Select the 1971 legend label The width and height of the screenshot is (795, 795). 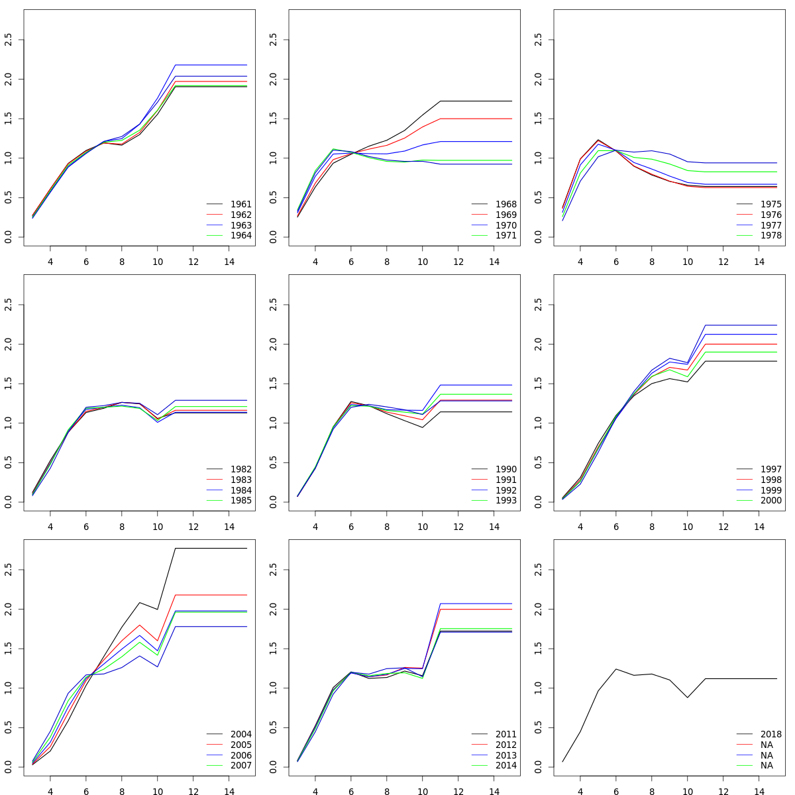[506, 236]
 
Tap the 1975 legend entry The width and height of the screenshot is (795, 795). [771, 204]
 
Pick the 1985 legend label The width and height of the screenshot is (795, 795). [241, 501]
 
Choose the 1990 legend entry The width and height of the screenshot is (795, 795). [506, 469]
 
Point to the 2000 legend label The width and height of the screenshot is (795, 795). [771, 501]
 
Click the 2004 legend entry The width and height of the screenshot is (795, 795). [241, 734]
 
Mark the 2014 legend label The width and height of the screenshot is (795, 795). [506, 766]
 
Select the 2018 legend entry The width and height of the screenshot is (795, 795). [771, 734]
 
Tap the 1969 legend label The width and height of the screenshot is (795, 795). [506, 215]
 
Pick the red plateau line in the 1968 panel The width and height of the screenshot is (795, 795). [477, 119]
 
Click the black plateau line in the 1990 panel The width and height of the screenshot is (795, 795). [477, 412]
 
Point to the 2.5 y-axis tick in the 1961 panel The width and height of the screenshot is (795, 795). [8, 40]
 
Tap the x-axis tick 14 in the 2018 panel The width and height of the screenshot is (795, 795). [759, 790]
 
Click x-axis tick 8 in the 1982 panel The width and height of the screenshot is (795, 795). [122, 527]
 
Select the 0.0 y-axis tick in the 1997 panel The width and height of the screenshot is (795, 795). [538, 502]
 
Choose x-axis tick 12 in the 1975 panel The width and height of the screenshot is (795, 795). [723, 262]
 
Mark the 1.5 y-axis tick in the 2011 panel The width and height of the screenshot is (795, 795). [273, 649]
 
